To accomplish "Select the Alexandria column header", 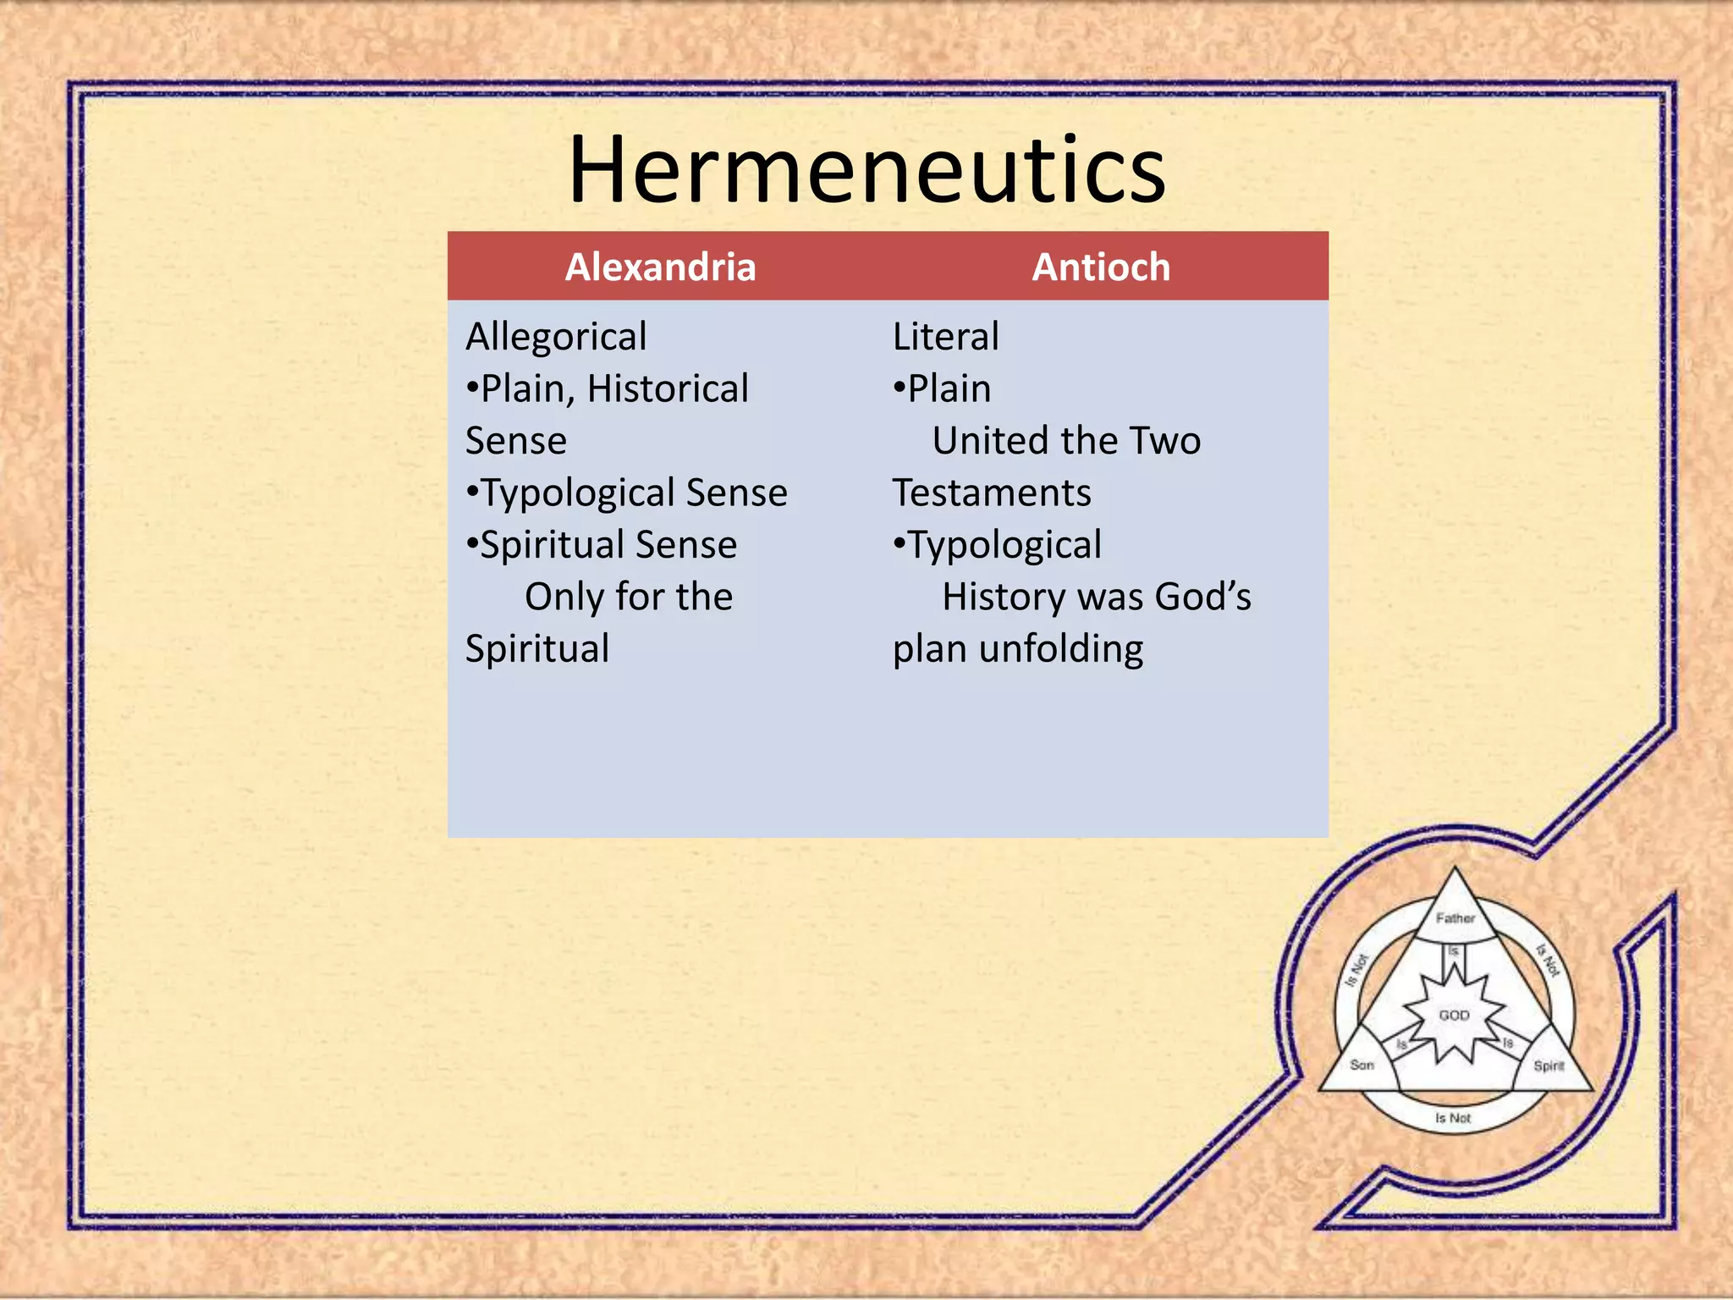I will point(660,267).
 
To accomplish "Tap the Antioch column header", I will point(1101,267).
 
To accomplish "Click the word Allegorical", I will point(556,337).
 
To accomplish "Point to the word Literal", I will point(945,337).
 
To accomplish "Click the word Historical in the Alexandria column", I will point(668,389).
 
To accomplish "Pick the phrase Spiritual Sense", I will point(608,545).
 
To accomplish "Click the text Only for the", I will point(628,597).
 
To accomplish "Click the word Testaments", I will point(992,493).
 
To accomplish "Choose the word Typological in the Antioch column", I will point(1004,545).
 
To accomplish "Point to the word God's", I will point(1202,597).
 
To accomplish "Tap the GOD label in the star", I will point(1454,1015).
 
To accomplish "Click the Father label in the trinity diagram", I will point(1455,918).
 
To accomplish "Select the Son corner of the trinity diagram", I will point(1362,1065).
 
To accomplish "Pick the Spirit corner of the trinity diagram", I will point(1549,1066).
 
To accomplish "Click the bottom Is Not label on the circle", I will point(1453,1118).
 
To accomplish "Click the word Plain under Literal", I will point(949,389).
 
